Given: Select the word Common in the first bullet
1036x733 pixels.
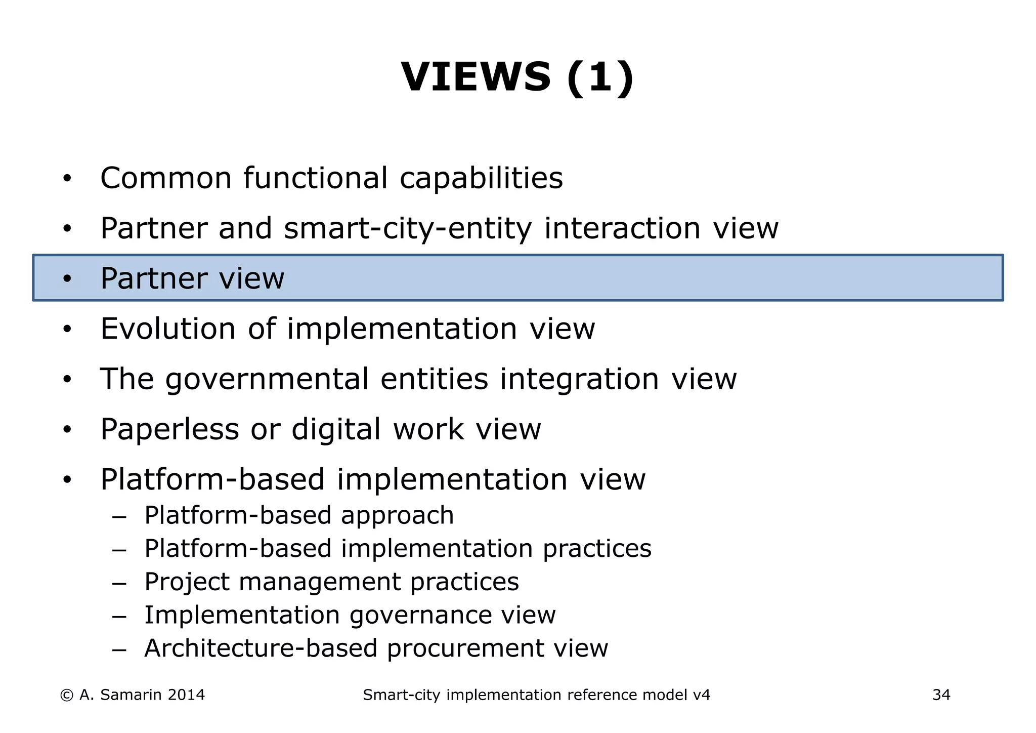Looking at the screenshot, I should (165, 178).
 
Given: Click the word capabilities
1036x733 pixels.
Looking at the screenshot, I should (481, 178).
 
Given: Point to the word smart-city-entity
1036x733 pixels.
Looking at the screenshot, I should (408, 228).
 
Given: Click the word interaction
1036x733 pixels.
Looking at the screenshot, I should (622, 228).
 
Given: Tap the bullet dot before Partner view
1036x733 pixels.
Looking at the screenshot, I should (67, 279).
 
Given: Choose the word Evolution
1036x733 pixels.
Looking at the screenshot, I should (168, 329).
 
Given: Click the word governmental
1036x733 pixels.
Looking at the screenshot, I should (267, 379).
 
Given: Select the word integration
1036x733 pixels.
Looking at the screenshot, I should (579, 379).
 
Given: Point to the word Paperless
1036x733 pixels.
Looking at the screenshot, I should (169, 429).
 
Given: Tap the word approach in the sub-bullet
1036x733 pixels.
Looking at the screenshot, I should (397, 515).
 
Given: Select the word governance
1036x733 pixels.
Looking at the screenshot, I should (420, 615).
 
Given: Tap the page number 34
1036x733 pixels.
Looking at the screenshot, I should (941, 695).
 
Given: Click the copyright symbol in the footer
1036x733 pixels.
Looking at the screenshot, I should (66, 695).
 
